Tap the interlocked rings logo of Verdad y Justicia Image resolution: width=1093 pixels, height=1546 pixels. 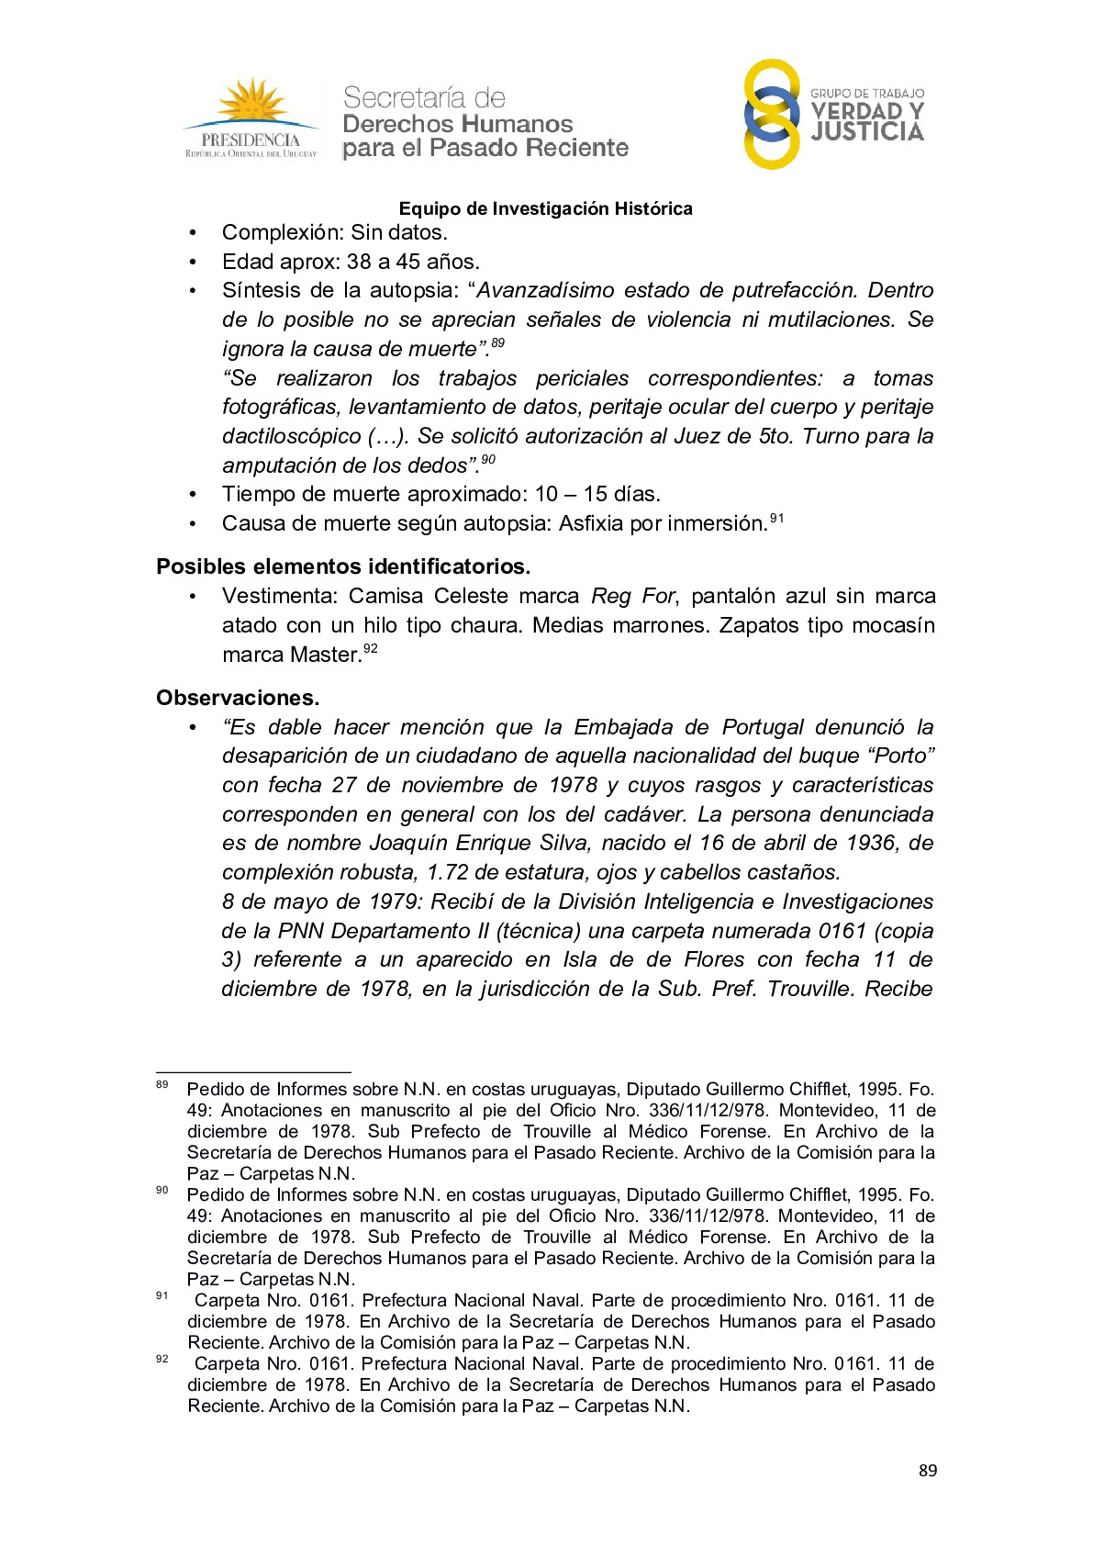(x=771, y=115)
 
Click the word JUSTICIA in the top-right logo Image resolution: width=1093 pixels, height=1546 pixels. (x=867, y=133)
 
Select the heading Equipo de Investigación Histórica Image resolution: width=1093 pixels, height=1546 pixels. (x=545, y=208)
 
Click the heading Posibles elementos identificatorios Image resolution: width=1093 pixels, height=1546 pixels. (x=343, y=566)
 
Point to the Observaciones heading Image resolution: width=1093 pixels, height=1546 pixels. (x=238, y=698)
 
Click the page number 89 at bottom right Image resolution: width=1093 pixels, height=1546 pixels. (x=928, y=1471)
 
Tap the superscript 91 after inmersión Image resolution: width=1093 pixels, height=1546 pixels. (x=777, y=519)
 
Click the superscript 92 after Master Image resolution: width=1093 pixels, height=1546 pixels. (x=371, y=649)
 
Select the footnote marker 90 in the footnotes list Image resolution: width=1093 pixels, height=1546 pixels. (x=162, y=1191)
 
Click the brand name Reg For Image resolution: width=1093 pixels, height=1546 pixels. (x=633, y=596)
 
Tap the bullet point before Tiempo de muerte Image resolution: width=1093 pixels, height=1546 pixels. (x=193, y=495)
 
